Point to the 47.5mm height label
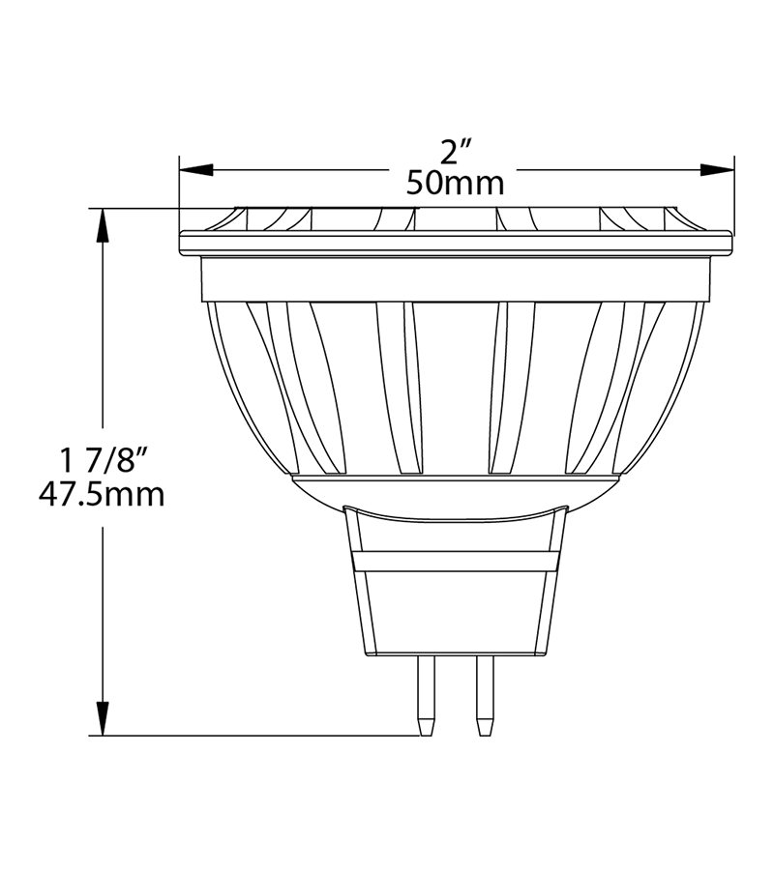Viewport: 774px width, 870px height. point(101,495)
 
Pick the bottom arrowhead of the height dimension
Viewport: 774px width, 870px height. point(101,719)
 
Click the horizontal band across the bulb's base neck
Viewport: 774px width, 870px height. point(455,561)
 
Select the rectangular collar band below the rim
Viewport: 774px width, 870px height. point(455,280)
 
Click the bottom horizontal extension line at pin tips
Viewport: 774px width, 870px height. point(261,736)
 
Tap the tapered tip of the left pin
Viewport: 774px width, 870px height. point(425,725)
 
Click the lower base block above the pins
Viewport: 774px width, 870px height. point(455,614)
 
